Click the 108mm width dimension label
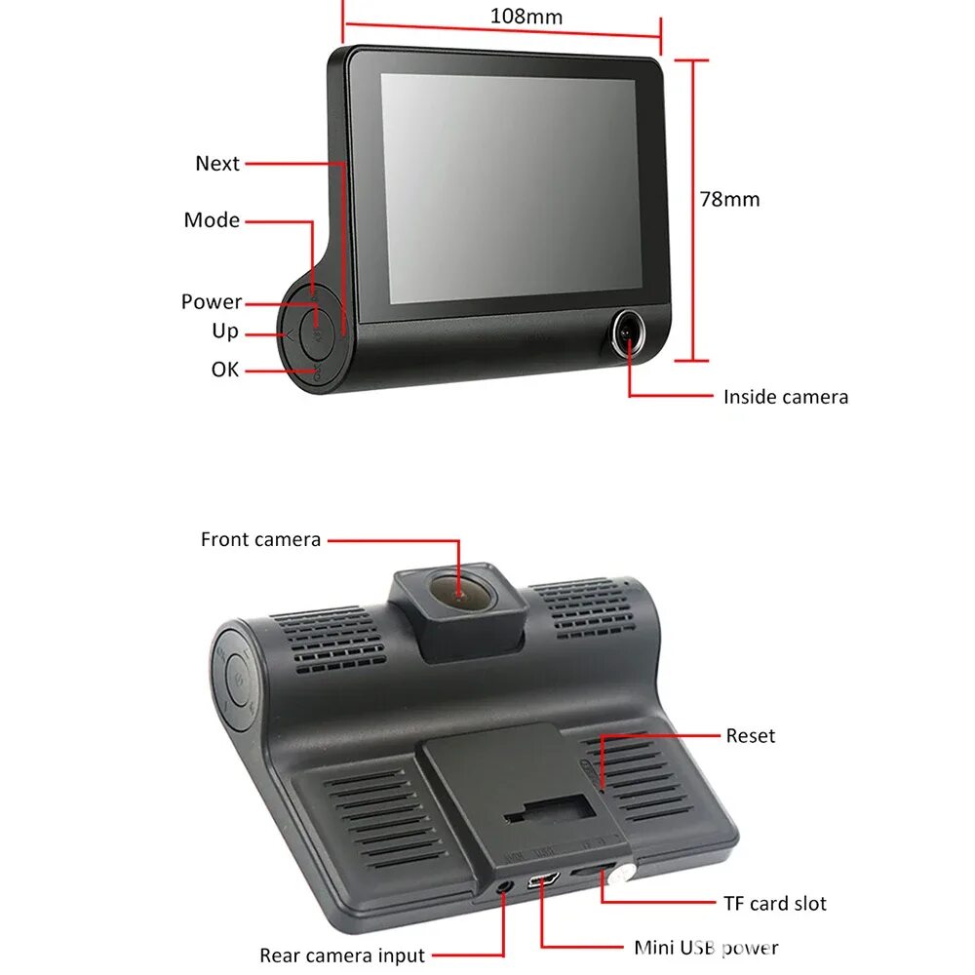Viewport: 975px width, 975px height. pyautogui.click(x=527, y=17)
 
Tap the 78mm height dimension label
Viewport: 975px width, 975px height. pyautogui.click(x=729, y=199)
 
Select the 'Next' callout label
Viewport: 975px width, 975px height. pyautogui.click(x=216, y=164)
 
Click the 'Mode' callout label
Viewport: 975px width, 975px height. pyautogui.click(x=212, y=220)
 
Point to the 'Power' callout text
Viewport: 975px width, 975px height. pyautogui.click(x=211, y=302)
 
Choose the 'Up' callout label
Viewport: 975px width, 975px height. pyautogui.click(x=225, y=331)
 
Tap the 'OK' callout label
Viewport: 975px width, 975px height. pyautogui.click(x=225, y=370)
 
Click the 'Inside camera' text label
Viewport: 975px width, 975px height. pyautogui.click(x=786, y=397)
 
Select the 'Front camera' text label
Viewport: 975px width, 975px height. pyautogui.click(x=260, y=539)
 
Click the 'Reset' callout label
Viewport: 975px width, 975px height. pyautogui.click(x=751, y=736)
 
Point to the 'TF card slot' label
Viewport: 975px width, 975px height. pyautogui.click(x=775, y=904)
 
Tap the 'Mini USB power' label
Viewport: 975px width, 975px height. pyautogui.click(x=706, y=947)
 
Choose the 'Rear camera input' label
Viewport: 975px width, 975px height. pyautogui.click(x=342, y=955)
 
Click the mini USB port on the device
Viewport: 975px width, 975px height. pyautogui.click(x=543, y=880)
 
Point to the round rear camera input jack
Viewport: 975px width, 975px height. pyautogui.click(x=504, y=886)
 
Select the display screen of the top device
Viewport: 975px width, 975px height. pyautogui.click(x=507, y=187)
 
